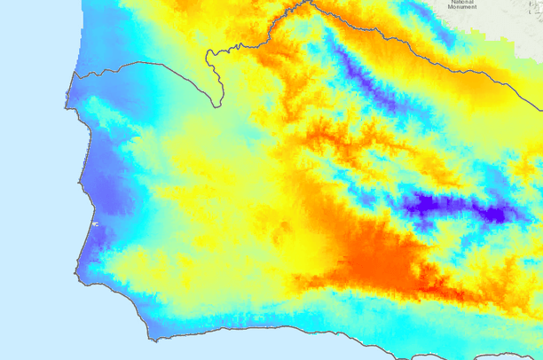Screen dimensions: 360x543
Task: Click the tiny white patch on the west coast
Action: tap(95, 226)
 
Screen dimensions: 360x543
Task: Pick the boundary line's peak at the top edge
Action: tap(311, 2)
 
